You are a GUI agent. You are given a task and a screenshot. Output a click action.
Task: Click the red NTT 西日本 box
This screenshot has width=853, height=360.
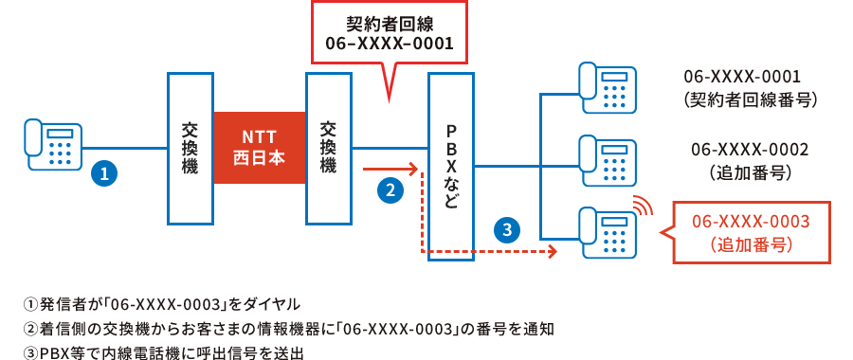(x=259, y=147)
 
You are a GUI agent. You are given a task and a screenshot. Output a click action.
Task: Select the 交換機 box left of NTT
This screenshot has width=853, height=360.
(x=190, y=147)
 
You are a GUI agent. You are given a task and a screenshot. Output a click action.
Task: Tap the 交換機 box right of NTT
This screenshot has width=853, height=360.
(x=329, y=147)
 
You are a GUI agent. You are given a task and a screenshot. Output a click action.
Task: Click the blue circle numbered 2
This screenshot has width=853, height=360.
(x=390, y=190)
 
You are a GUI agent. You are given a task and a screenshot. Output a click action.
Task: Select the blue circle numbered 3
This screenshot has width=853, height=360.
(x=508, y=229)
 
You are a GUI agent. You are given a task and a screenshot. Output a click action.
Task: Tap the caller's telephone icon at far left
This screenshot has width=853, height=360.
(x=52, y=145)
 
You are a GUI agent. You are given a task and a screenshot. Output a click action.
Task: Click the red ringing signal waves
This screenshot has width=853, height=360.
(x=644, y=205)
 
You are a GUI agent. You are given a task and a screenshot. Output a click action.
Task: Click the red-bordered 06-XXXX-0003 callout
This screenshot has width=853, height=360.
(x=751, y=232)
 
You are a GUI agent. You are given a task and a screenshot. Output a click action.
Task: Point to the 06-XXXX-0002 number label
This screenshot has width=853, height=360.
(x=750, y=150)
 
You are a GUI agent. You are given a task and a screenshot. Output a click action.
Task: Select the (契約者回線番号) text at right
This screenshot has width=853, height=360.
(x=750, y=99)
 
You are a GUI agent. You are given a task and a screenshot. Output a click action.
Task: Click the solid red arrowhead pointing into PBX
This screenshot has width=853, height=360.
(x=413, y=171)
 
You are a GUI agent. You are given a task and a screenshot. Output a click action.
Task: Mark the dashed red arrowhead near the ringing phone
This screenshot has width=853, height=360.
(x=551, y=252)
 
